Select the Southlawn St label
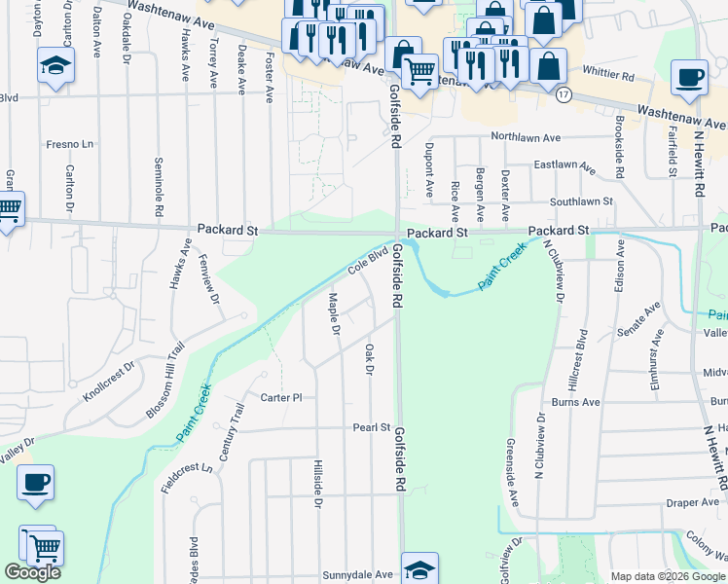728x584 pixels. click(x=580, y=201)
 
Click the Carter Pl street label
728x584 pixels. click(x=282, y=397)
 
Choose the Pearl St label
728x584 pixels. click(x=371, y=427)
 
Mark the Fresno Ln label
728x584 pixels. click(x=69, y=144)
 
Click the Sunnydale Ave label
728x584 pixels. click(x=357, y=575)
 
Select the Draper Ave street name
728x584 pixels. click(x=693, y=502)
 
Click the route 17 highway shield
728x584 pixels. click(x=564, y=95)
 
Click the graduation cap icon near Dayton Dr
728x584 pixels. click(x=56, y=66)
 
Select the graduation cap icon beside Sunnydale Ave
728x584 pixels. click(x=419, y=569)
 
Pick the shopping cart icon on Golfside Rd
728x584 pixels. click(x=419, y=70)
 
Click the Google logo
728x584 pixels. click(x=32, y=572)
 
